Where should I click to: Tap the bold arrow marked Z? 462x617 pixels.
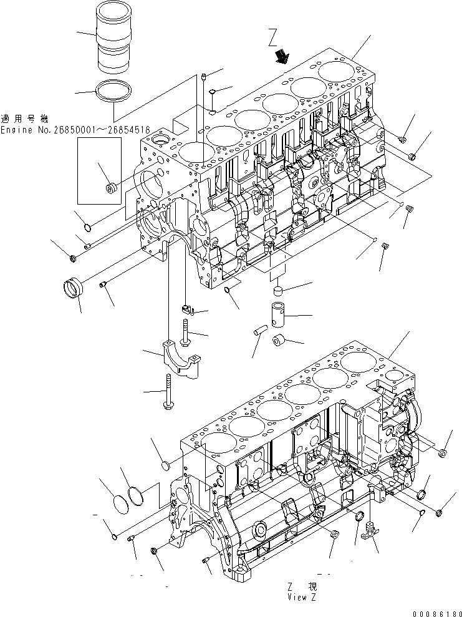[x=282, y=57]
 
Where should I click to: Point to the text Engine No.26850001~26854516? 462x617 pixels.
[x=75, y=130]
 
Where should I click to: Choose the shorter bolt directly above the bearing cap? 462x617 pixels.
[x=185, y=331]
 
